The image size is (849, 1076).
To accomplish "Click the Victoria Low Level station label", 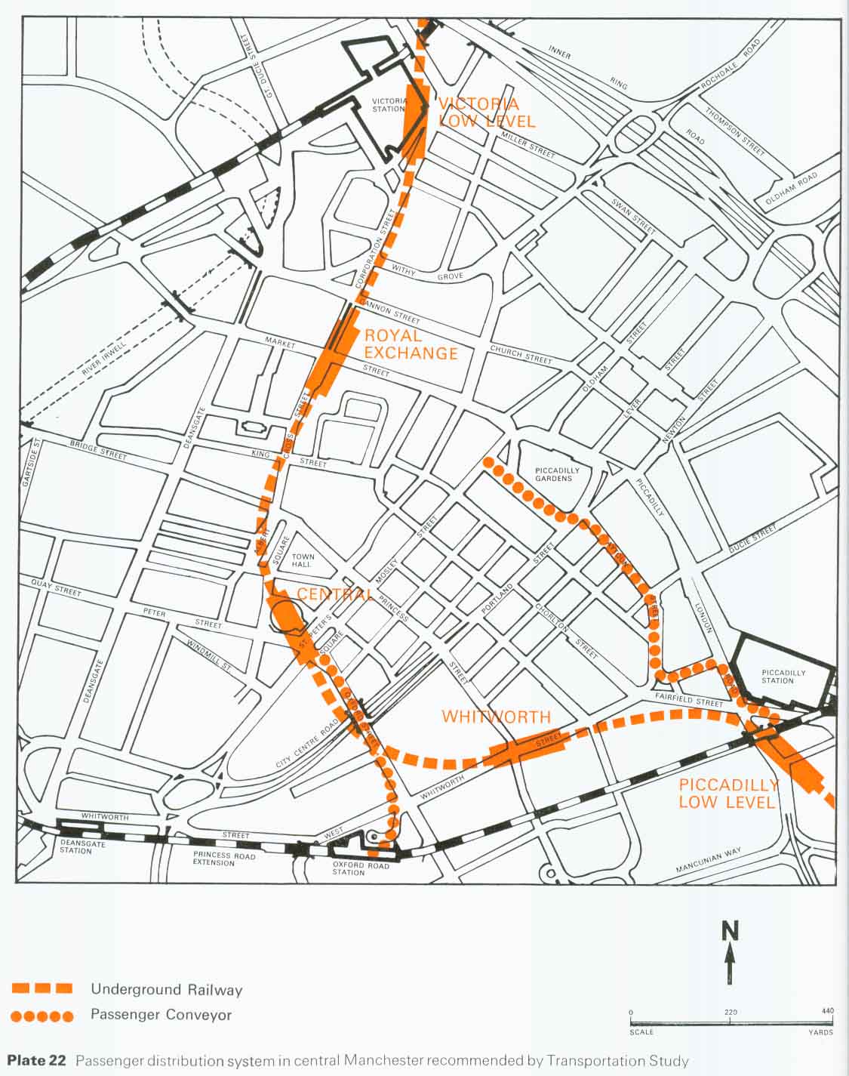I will point(486,113).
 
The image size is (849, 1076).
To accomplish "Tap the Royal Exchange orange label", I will point(411,344).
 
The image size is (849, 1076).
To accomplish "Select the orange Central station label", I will point(334,594).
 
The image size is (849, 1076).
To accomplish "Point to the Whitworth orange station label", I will point(496,717).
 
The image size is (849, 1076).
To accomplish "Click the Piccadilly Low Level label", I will point(727,793).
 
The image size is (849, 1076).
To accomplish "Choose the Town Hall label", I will point(303,560).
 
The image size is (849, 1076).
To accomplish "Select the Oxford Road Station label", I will point(361,869).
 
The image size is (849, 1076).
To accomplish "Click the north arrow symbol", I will point(730,953).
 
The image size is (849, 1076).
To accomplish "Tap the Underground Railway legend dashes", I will point(42,988).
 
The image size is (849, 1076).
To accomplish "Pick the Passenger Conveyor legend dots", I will point(42,1016).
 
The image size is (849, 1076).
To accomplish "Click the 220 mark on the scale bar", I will point(730,1012).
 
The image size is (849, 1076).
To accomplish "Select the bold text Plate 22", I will point(37,1061).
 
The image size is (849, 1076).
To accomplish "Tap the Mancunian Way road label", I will point(709,859).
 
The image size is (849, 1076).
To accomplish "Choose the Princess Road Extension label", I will point(224,859).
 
